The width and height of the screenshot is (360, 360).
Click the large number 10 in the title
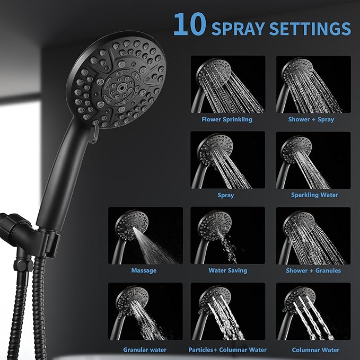click(x=189, y=24)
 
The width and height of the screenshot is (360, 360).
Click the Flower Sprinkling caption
click(x=227, y=119)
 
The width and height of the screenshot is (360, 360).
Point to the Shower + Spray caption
click(x=311, y=119)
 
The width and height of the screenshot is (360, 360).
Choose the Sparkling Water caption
click(x=314, y=195)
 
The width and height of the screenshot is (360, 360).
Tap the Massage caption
click(x=144, y=270)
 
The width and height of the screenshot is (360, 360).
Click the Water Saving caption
click(x=227, y=270)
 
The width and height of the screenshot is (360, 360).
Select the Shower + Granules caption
click(x=313, y=270)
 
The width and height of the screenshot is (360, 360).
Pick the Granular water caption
click(x=145, y=350)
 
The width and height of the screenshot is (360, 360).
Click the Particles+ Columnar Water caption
click(x=227, y=350)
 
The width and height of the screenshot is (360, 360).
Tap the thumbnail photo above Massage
click(x=145, y=236)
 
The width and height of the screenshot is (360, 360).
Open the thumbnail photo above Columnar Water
click(x=313, y=311)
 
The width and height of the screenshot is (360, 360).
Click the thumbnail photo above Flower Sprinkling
click(x=228, y=85)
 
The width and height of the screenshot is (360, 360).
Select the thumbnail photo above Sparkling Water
click(x=313, y=160)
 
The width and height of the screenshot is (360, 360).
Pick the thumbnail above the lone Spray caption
click(x=228, y=160)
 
